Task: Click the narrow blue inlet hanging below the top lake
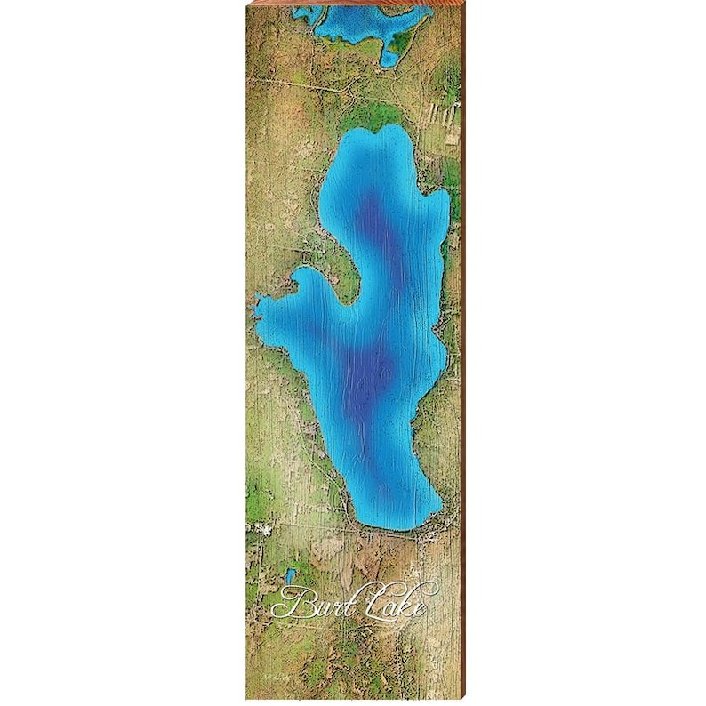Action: click(389, 52)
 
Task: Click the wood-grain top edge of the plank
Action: click(356, 4)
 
